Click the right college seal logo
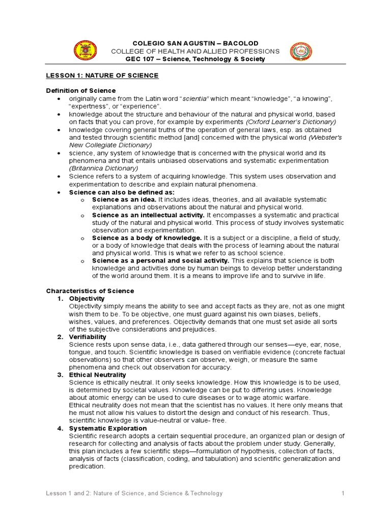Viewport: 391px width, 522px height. [301, 51]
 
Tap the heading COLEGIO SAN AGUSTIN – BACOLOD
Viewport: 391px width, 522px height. [195, 43]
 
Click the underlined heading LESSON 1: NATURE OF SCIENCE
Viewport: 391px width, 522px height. [102, 75]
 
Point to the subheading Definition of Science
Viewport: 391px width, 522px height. [74, 90]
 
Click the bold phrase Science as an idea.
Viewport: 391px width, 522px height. [117, 199]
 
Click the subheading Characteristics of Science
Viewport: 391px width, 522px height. [90, 291]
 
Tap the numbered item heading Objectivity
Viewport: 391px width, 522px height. [87, 298]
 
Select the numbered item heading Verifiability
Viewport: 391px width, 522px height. [88, 337]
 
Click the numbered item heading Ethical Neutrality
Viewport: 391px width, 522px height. [97, 375]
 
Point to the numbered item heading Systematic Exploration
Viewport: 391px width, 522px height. [108, 429]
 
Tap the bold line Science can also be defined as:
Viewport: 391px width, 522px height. [122, 192]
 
